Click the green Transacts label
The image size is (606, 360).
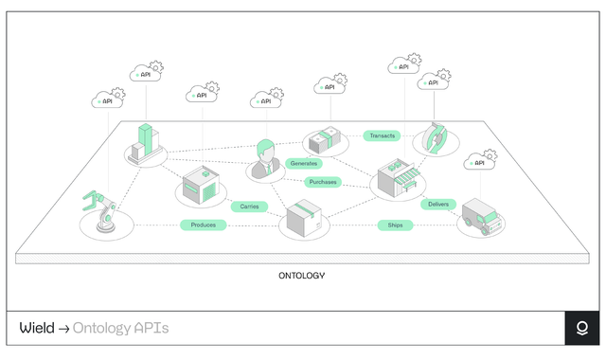pyautogui.click(x=383, y=135)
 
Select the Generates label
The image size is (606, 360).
pyautogui.click(x=305, y=163)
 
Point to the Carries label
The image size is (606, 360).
pyautogui.click(x=249, y=206)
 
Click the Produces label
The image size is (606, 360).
pyautogui.click(x=203, y=225)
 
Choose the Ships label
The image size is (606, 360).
pyautogui.click(x=395, y=225)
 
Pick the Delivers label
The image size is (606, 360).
pyautogui.click(x=438, y=204)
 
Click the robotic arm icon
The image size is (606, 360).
pyautogui.click(x=100, y=213)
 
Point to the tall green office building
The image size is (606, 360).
pyautogui.click(x=144, y=143)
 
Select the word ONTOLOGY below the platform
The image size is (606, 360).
pyautogui.click(x=302, y=276)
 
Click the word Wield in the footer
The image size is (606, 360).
pyautogui.click(x=37, y=329)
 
